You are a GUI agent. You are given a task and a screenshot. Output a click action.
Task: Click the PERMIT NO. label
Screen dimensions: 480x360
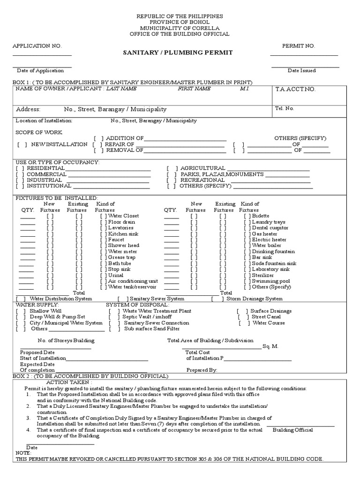click(299, 45)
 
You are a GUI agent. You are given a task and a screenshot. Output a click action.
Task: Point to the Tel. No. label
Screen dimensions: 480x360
click(285, 108)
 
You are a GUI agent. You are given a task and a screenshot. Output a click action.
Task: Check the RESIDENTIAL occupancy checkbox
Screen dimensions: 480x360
click(20, 168)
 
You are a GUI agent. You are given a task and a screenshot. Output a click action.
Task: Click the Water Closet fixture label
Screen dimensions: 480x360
click(123, 216)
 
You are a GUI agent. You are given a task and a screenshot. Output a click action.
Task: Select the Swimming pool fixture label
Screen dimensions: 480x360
click(270, 281)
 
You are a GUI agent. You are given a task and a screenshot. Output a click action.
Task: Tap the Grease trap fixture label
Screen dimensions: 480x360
click(121, 257)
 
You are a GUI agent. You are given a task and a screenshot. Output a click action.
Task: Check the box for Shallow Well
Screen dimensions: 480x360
click(20, 311)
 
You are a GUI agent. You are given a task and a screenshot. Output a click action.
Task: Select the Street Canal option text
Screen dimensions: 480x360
click(266, 317)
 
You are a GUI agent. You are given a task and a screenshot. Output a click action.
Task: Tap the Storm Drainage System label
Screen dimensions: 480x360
click(255, 299)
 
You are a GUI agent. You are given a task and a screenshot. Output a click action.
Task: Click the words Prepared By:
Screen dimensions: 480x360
click(202, 370)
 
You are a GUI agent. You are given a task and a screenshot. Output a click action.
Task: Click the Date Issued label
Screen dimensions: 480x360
click(301, 70)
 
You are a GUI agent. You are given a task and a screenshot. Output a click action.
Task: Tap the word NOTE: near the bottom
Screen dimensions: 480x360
click(23, 453)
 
